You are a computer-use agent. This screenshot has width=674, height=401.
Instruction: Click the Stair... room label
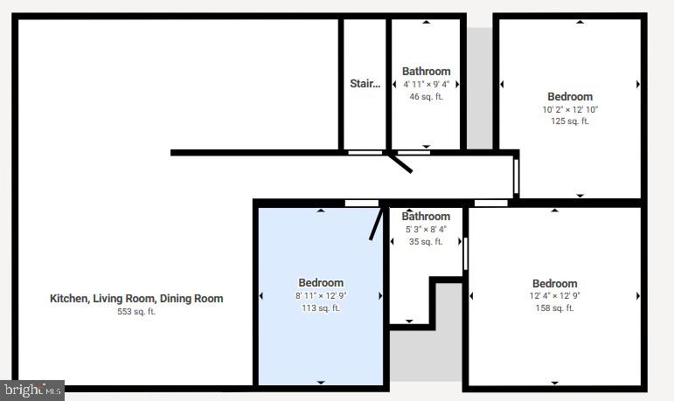coord(365,84)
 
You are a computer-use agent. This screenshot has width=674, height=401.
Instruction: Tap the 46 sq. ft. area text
coord(426,97)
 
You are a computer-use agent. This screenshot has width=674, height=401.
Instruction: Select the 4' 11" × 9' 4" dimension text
coord(426,85)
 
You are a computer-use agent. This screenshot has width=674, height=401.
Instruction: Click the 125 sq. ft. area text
coord(570,121)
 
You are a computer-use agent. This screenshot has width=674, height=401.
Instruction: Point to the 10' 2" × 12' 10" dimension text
coord(570,109)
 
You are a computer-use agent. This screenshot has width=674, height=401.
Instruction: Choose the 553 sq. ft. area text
coord(136,312)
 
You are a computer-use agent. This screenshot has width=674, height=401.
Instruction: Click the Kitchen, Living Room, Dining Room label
coord(136,299)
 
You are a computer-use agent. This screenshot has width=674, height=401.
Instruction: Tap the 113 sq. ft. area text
coord(321,308)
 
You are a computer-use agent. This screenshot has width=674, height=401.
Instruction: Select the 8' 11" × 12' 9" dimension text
coord(321,295)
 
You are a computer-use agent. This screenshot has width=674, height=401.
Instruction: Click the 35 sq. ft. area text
coord(426,241)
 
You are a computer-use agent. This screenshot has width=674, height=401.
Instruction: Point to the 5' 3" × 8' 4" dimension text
coord(426,229)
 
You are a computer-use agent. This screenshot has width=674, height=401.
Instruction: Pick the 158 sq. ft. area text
coord(554,308)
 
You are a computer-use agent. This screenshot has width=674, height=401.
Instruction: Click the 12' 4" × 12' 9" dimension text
coord(554,295)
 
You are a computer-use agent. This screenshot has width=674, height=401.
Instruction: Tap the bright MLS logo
coord(32,390)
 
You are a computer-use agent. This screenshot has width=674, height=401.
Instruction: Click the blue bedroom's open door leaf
coord(376,223)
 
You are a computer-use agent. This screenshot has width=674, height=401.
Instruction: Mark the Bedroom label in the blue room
coord(321,282)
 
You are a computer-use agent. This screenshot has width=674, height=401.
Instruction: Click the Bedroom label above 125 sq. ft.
coord(570,97)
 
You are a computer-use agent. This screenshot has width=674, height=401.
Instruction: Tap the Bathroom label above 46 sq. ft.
coord(426,72)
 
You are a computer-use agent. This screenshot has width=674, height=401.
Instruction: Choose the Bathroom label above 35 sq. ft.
coord(426,217)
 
